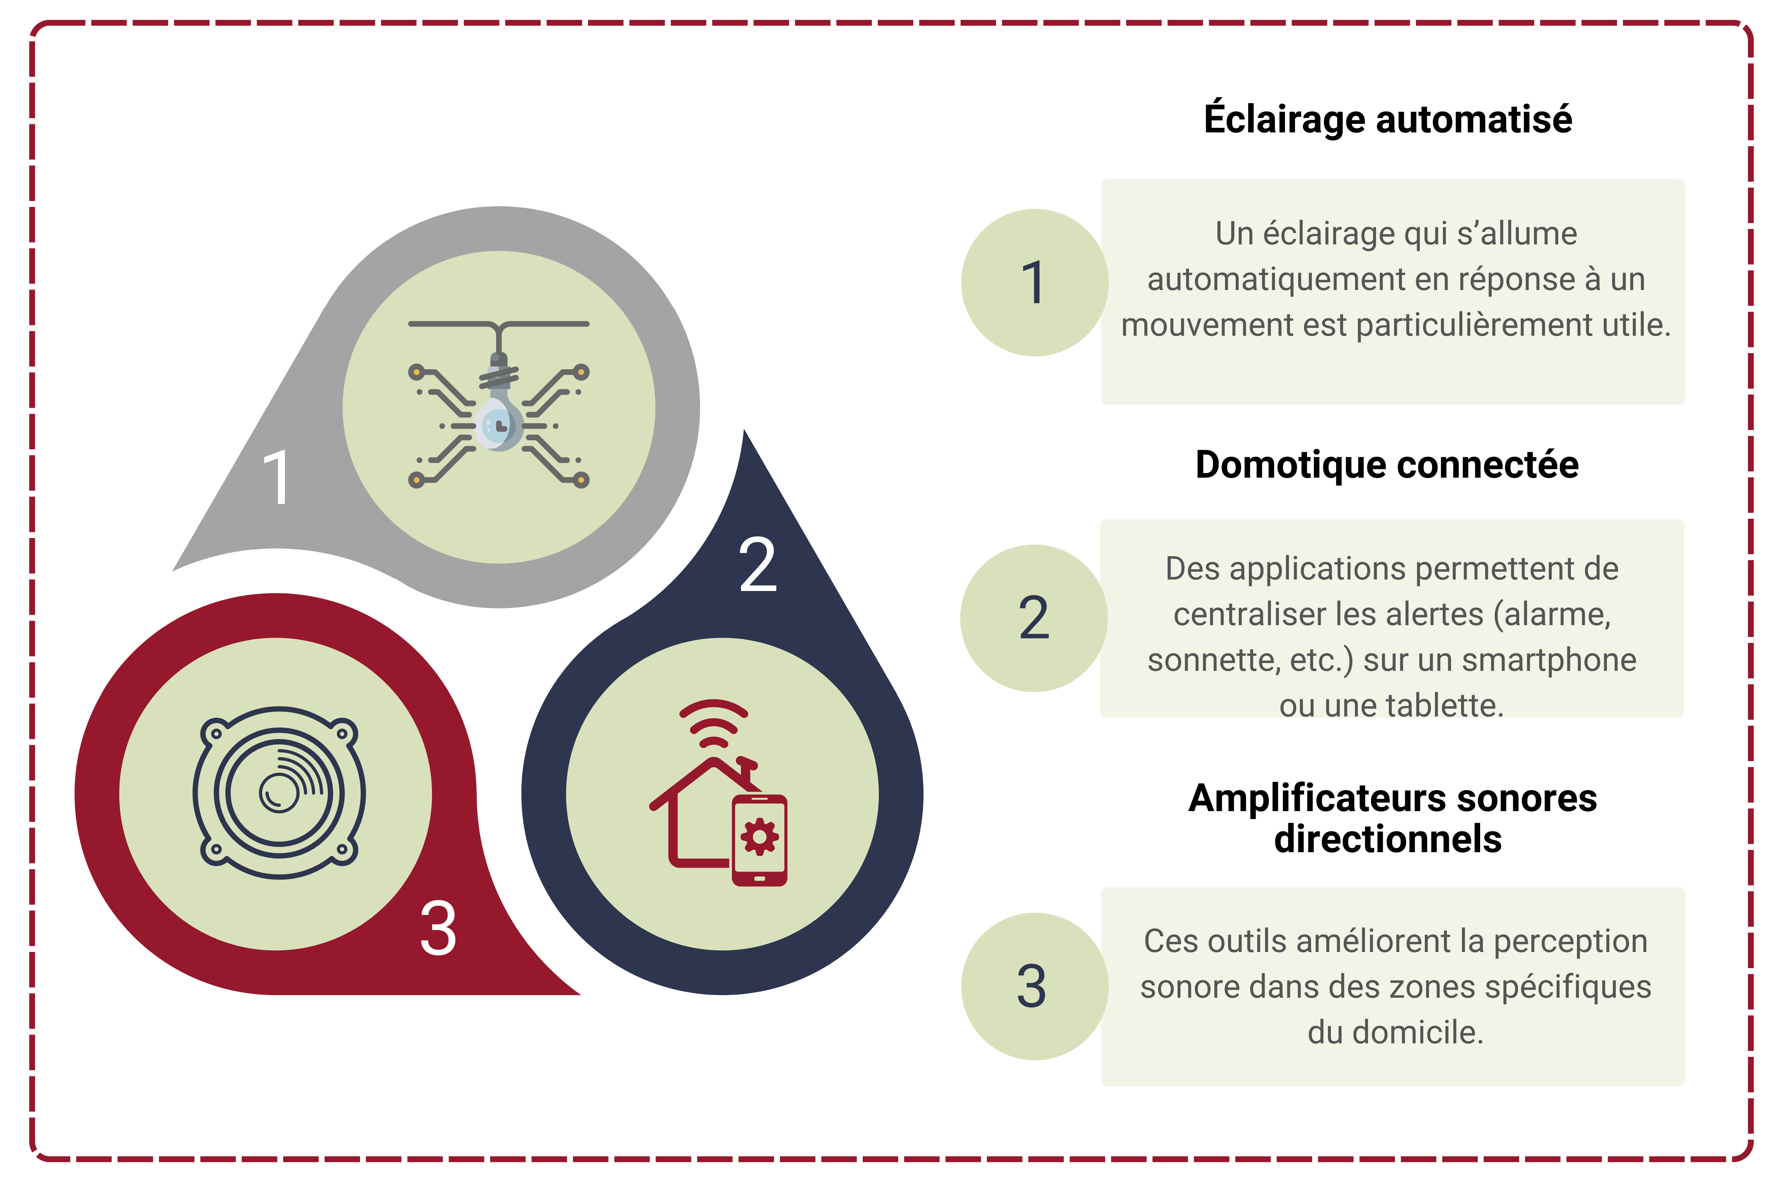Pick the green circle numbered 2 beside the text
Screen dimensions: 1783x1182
(x=1034, y=618)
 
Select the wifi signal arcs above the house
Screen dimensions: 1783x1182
(x=713, y=722)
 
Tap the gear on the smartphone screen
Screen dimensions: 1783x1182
(x=760, y=837)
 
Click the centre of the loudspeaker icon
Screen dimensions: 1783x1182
(x=279, y=793)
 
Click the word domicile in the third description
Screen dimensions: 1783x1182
(x=1417, y=1032)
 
